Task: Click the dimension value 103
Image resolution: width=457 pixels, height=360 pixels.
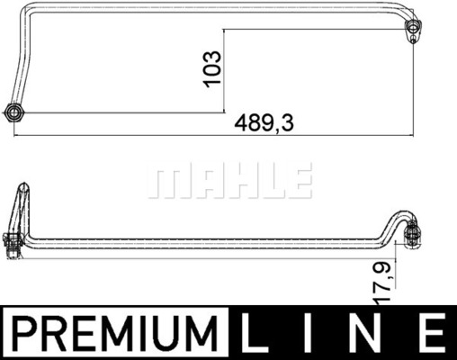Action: pyautogui.click(x=212, y=69)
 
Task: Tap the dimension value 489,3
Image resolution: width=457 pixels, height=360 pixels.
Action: pyautogui.click(x=264, y=123)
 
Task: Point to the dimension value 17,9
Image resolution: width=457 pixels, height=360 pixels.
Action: pyautogui.click(x=384, y=281)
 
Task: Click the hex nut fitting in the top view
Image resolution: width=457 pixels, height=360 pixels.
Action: pyautogui.click(x=14, y=112)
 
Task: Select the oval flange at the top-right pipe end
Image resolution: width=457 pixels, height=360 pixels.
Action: pyautogui.click(x=413, y=31)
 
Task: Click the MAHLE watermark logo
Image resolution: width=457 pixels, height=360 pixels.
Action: pyautogui.click(x=230, y=181)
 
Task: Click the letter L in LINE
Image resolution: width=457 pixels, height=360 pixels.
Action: pyautogui.click(x=254, y=333)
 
